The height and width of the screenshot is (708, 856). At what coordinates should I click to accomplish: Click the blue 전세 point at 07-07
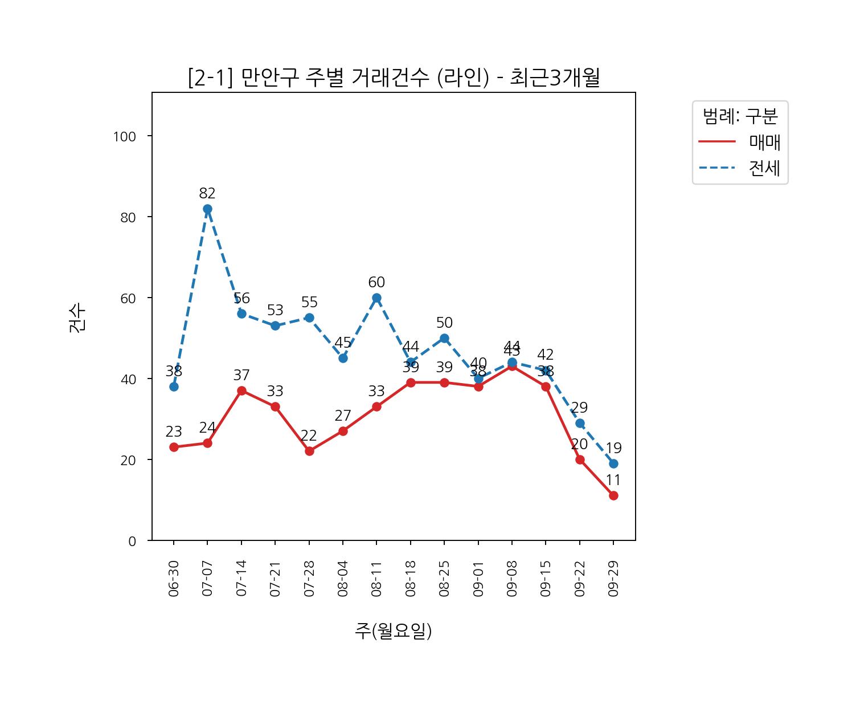207,209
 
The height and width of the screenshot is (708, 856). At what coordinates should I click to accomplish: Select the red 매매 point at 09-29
613,496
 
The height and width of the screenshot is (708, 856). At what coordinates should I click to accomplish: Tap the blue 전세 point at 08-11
376,298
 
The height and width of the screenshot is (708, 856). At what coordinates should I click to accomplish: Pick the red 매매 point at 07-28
309,451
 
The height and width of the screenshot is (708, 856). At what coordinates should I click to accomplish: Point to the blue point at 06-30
174,387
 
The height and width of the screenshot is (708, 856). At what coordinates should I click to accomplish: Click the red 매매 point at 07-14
241,390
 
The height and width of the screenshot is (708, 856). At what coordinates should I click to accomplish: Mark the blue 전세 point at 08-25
444,339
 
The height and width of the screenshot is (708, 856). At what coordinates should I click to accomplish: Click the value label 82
207,194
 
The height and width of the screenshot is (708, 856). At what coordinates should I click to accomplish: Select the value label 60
376,283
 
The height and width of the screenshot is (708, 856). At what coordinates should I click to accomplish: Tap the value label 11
613,481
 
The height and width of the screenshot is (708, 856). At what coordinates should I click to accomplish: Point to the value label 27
343,416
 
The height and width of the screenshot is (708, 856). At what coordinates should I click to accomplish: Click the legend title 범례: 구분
740,116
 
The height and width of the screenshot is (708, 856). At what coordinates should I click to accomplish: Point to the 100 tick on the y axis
124,137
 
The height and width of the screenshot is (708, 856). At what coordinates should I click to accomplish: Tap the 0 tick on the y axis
132,541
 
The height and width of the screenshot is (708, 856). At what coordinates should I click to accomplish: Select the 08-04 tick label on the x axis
343,578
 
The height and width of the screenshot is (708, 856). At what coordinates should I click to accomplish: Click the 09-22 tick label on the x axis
580,578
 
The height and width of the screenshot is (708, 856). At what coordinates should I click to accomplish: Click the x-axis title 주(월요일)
393,631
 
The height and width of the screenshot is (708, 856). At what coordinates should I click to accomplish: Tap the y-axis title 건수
77,318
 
